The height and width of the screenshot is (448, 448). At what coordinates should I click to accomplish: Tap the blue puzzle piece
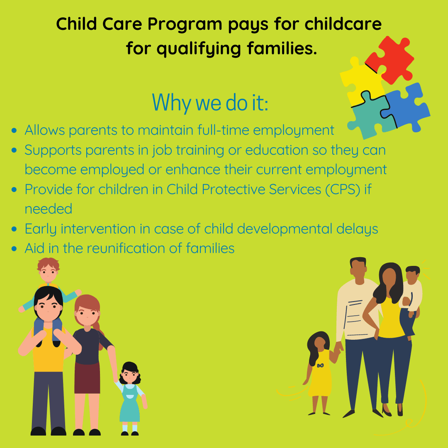(409, 105)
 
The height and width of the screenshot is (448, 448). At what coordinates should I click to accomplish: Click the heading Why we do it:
(210, 102)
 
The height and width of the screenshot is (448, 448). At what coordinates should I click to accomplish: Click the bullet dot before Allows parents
(15, 131)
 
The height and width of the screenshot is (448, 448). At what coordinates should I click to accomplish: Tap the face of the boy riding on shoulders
(49, 272)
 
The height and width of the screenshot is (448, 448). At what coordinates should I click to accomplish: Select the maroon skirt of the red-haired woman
(87, 377)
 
